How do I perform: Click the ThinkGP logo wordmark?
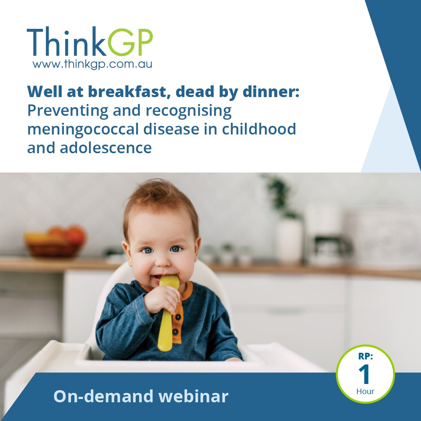click(90, 43)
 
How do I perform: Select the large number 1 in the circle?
click(365, 375)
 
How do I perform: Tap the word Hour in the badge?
click(365, 391)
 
